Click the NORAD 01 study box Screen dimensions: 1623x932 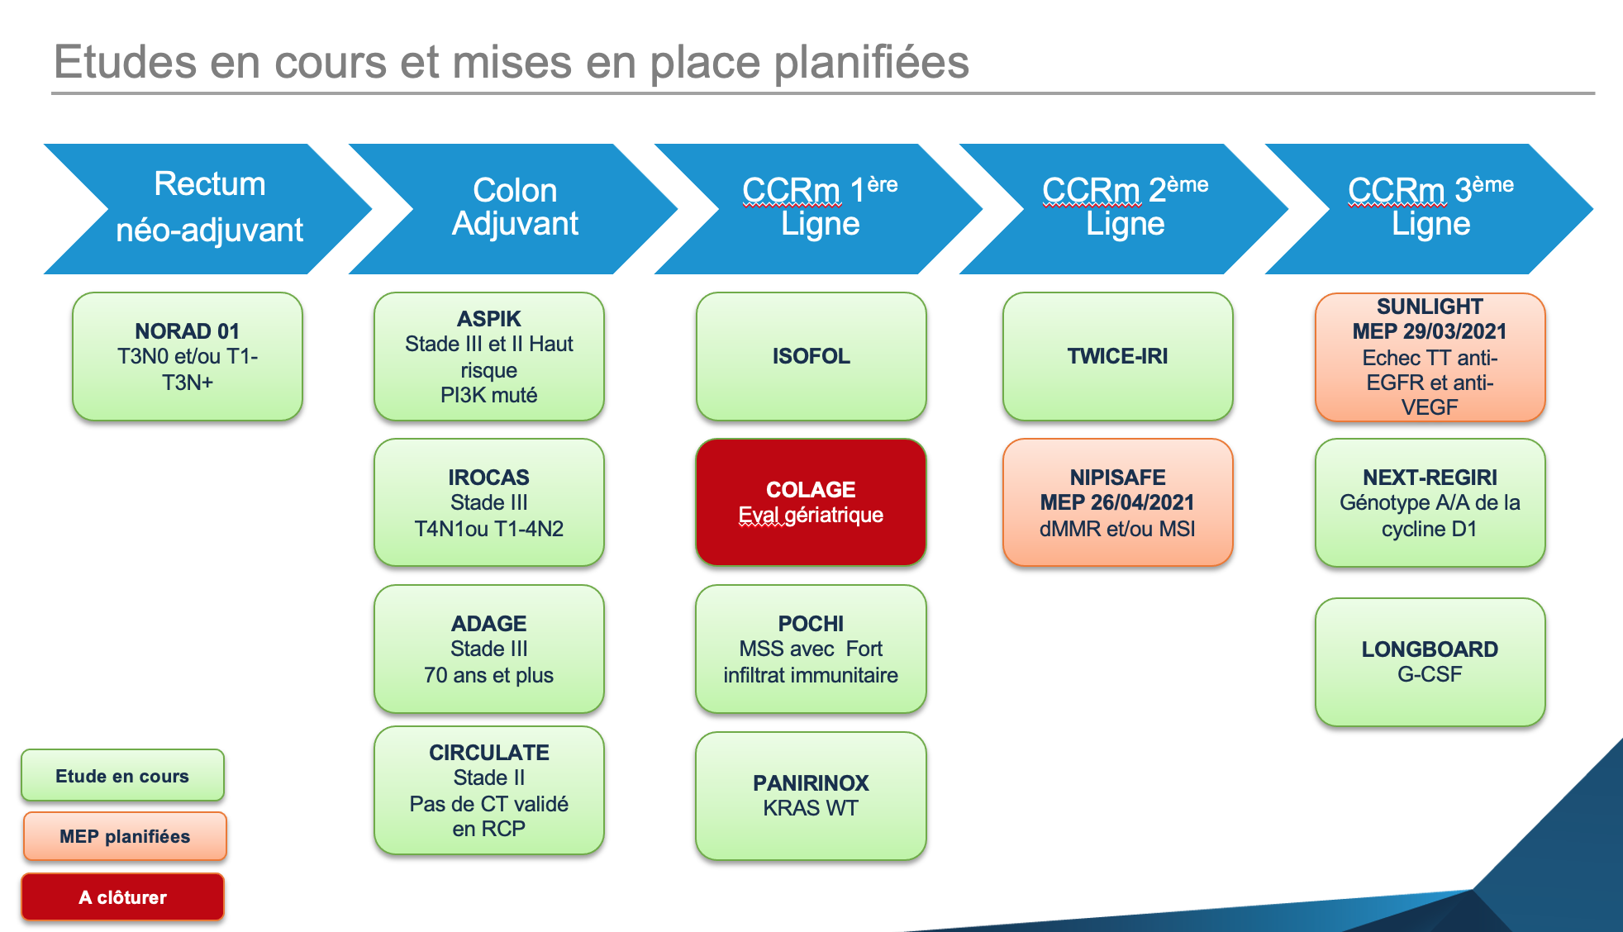tap(188, 356)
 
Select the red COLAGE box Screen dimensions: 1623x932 tap(811, 502)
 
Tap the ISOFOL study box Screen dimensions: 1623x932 tap(811, 356)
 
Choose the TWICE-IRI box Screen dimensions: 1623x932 tap(1117, 356)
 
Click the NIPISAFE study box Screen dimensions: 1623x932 tap(1117, 502)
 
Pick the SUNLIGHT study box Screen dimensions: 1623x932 tap(1430, 356)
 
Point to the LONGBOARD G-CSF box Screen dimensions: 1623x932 tap(1430, 662)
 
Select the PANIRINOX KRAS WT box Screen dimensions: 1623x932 tap(811, 796)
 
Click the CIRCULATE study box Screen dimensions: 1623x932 tap(489, 790)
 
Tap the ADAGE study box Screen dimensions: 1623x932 tap(489, 649)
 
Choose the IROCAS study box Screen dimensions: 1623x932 tap(489, 502)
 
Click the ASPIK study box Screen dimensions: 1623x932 tap(489, 356)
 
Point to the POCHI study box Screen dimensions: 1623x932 tap(811, 649)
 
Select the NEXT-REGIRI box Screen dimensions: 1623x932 tap(1430, 502)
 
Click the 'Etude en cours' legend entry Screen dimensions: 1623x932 tap(122, 775)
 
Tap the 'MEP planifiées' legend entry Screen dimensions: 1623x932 tap(124, 836)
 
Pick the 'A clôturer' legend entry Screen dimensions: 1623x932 tap(122, 896)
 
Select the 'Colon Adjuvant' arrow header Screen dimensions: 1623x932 tap(513, 208)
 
